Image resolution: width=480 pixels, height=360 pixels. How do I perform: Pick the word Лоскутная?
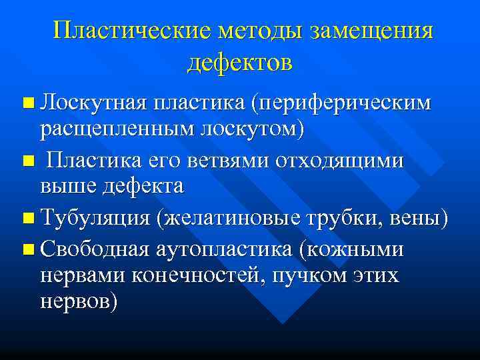[x=93, y=103]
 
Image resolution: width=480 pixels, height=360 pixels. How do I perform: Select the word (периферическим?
[x=341, y=103]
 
